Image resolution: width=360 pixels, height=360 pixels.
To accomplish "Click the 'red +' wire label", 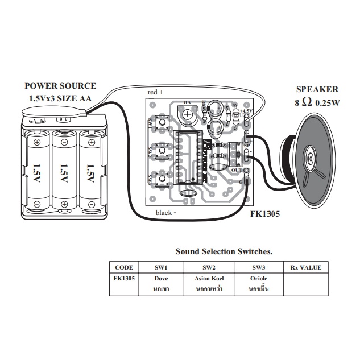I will [x=155, y=92].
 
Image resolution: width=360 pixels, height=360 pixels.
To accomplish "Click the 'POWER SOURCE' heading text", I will [x=60, y=86].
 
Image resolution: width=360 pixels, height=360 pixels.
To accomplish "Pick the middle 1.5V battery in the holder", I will [x=64, y=169].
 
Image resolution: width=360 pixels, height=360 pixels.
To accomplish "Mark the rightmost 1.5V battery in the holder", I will [x=90, y=169].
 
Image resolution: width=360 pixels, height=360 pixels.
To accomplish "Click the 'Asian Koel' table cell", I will [x=208, y=279].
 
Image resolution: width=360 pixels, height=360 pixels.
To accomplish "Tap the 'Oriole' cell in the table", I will [x=258, y=279].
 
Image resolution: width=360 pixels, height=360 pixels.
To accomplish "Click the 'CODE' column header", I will [x=123, y=267].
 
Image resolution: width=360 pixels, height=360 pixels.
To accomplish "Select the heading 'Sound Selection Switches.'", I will [x=224, y=251].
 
